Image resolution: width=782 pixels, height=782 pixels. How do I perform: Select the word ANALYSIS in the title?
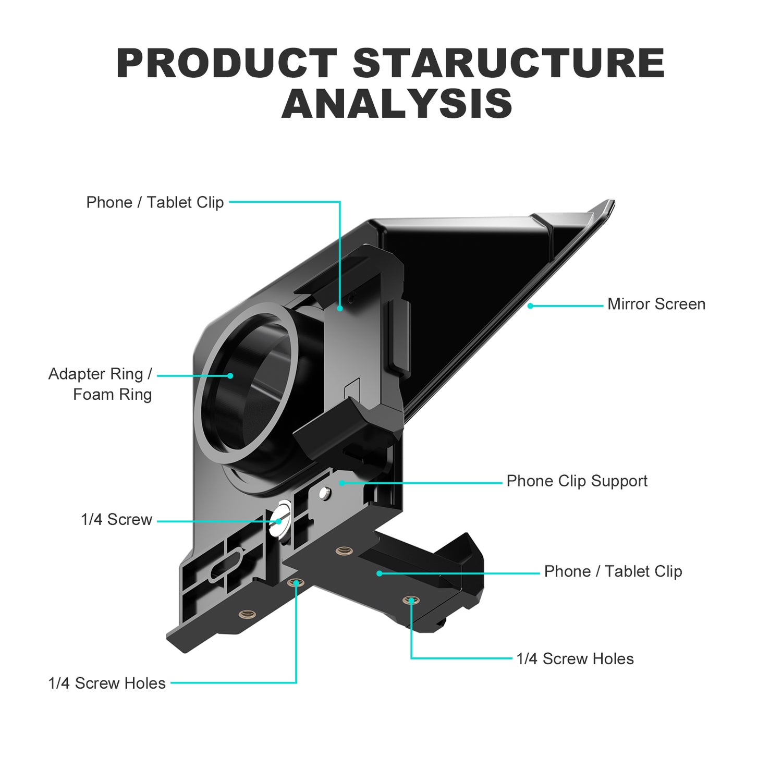click(x=397, y=104)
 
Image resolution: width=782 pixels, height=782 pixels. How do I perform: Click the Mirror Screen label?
click(x=656, y=304)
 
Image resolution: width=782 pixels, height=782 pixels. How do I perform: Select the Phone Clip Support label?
click(x=577, y=481)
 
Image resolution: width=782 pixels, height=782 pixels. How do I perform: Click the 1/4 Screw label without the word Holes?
click(x=116, y=520)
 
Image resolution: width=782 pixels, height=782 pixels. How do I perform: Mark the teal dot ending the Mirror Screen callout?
click(x=530, y=306)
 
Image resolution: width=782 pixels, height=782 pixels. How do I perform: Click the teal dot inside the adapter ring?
click(x=230, y=375)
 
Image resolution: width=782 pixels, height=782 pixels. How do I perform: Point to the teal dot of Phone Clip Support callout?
click(x=342, y=483)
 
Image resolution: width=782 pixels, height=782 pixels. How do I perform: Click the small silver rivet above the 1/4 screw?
click(x=324, y=492)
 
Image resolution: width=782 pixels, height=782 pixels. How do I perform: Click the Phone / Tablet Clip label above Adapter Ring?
click(x=155, y=202)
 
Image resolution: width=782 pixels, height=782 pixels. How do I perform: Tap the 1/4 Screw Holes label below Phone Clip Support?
click(x=575, y=659)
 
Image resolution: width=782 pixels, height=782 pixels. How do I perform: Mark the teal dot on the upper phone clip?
click(x=339, y=308)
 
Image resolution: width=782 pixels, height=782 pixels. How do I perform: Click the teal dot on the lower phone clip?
click(x=380, y=573)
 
